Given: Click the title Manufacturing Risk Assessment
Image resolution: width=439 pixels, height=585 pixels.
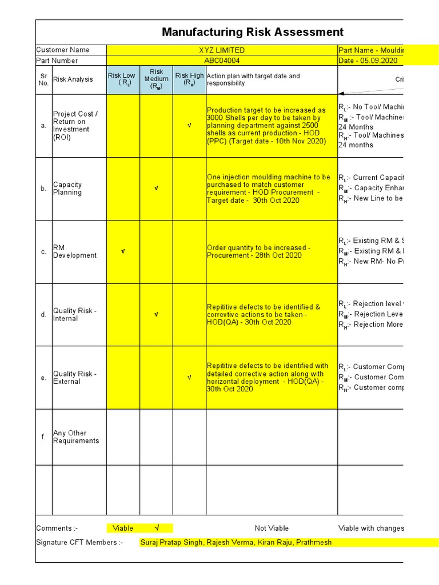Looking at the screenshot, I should tap(253, 33).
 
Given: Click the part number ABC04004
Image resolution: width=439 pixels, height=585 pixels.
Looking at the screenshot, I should tap(222, 61).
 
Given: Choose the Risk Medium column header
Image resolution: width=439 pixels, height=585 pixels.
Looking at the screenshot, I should tap(156, 79).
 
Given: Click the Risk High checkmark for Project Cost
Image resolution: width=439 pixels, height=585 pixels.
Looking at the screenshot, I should tap(189, 126).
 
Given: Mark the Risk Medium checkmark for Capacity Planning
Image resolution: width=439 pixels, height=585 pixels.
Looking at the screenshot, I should tap(156, 189).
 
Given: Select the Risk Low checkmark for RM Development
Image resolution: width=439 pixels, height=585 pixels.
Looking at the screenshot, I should tap(122, 251).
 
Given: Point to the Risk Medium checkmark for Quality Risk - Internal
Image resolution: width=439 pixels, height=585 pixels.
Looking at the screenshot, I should tap(156, 314).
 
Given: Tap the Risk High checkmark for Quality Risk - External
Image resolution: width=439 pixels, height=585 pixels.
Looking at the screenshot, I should tap(189, 378).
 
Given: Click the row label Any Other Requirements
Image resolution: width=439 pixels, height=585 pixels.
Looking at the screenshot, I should tap(76, 437).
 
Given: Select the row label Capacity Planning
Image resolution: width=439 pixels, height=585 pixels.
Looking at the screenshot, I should tap(67, 189).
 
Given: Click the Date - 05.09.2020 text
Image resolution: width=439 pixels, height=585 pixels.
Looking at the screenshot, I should tap(368, 61).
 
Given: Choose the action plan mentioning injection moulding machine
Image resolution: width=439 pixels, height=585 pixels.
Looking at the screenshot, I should tap(269, 189).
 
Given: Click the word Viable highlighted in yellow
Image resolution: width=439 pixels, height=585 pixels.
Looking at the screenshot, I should tap(123, 528).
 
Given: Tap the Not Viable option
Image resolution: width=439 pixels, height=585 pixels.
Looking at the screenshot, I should tap(272, 528).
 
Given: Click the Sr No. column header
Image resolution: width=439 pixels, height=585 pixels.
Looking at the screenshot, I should tap(43, 79).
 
